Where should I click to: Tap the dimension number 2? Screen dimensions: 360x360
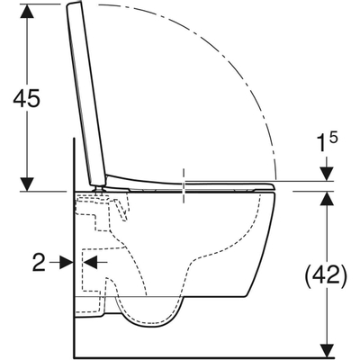click(39, 262)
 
